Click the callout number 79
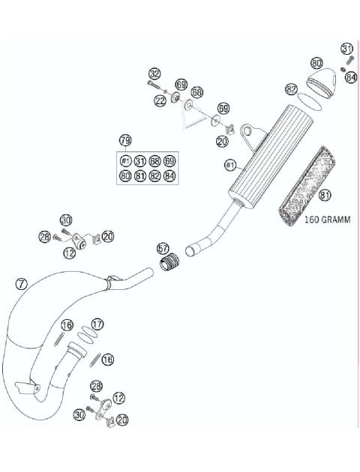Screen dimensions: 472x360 point(125,141)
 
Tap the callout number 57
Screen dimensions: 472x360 point(163,248)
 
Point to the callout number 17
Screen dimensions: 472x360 point(97,324)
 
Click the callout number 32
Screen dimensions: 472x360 point(154,73)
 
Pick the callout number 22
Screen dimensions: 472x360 point(160,100)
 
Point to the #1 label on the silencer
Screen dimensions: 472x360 point(229,163)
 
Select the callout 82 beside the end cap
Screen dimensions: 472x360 point(292,88)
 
